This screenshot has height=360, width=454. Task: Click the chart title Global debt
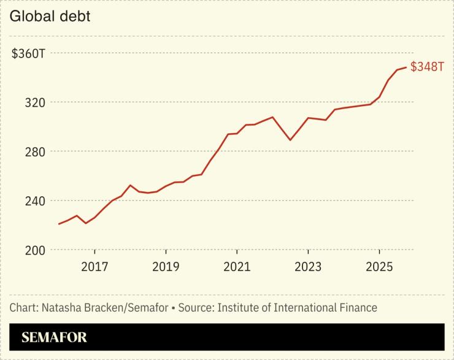pos(50,17)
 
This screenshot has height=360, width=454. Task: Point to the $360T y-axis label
pos(29,53)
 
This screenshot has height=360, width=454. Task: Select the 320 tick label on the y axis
pos(34,102)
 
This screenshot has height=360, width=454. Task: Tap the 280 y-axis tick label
pos(34,151)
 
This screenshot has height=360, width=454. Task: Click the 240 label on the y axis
pos(34,201)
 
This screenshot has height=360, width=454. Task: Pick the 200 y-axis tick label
pos(34,250)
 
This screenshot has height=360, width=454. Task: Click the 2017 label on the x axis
pos(94,267)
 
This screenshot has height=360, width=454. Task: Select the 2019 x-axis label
pos(166,267)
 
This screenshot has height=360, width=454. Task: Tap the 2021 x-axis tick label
pos(237,267)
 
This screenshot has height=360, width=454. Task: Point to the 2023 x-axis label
pos(308,267)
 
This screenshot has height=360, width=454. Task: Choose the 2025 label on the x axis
pos(379,267)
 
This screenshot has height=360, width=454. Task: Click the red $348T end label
pos(427,67)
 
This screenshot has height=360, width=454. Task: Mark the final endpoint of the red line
pos(406,67)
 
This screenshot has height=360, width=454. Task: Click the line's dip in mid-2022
pos(290,140)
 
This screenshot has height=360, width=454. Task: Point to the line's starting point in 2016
pos(59,224)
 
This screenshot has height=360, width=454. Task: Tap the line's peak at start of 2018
pos(130,185)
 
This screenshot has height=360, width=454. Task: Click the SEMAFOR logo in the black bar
pos(54,337)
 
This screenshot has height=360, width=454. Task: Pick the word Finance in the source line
pos(356,307)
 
